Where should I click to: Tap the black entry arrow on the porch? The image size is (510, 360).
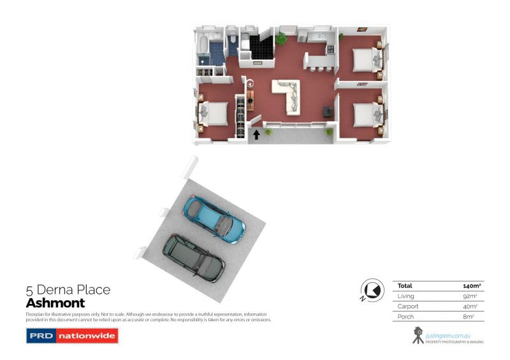[257, 134]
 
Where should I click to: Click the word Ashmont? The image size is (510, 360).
[55, 303]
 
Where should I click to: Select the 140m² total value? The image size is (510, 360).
[471, 286]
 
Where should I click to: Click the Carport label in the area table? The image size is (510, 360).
[408, 306]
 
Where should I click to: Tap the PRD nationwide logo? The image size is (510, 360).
[72, 336]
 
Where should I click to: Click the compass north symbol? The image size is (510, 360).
[369, 290]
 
